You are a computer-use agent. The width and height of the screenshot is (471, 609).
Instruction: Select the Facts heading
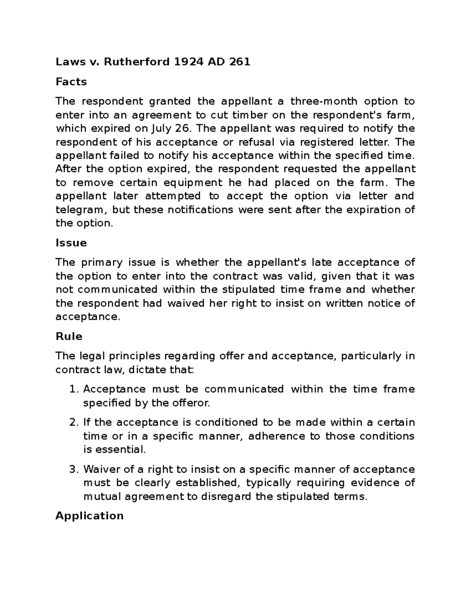tap(71, 82)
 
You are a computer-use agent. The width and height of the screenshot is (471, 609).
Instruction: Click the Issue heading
tap(71, 243)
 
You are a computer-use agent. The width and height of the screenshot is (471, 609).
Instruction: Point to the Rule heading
tap(69, 336)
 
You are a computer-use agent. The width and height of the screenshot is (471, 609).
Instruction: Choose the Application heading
tap(89, 516)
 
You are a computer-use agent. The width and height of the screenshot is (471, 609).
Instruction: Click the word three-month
tap(324, 102)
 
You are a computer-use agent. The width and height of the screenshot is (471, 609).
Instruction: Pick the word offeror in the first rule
tap(192, 403)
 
